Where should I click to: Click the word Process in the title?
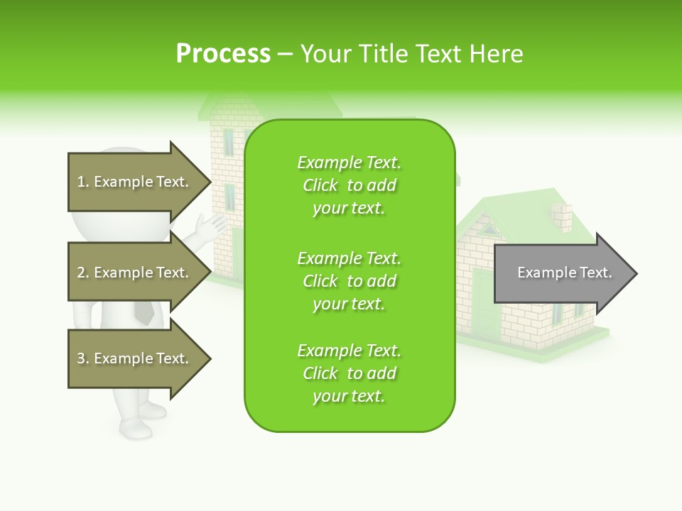pos(223,54)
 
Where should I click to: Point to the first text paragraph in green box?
pos(349,185)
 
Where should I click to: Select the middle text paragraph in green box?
pos(349,281)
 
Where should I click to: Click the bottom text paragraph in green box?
pos(349,373)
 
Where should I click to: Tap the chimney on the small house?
pos(563,218)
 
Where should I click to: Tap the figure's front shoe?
pos(135,427)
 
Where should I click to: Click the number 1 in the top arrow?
pos(81,182)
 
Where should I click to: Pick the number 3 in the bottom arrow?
pos(81,358)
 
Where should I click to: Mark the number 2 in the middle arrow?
pos(81,273)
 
